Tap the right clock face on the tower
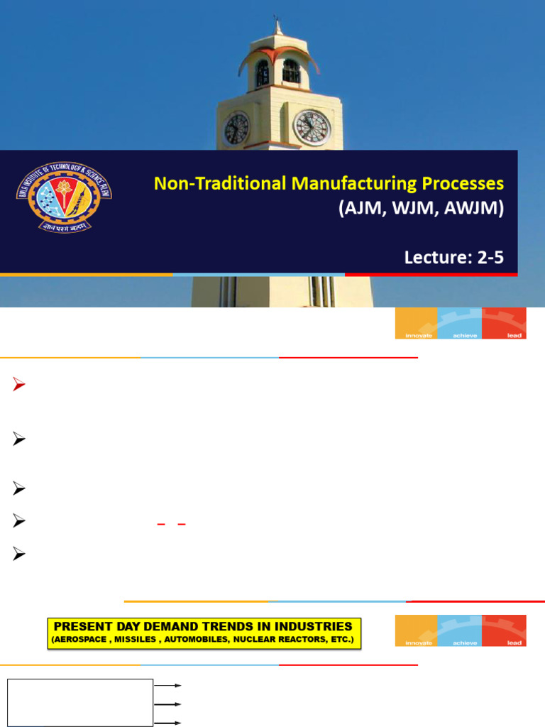click(x=312, y=128)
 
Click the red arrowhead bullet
click(x=19, y=386)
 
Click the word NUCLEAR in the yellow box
click(x=248, y=640)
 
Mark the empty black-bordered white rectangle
click(x=80, y=702)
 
